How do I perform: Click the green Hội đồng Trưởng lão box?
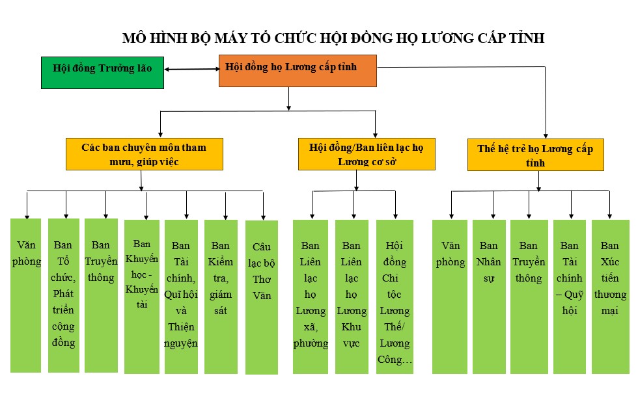coord(103,73)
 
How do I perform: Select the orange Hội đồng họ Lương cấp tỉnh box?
coord(298,71)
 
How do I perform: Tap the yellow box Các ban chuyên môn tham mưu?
coord(145,154)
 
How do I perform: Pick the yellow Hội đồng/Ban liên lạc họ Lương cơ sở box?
coord(367,154)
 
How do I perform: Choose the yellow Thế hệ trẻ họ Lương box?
coord(535,155)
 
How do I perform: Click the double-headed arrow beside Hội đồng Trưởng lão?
coord(191,69)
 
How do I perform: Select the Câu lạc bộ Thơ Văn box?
coord(262,297)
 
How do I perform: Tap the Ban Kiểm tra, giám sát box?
coord(221,297)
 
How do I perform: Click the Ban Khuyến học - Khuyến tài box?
coord(142,297)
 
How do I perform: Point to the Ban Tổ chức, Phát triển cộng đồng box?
coord(64,295)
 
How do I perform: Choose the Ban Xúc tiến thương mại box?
coord(611,297)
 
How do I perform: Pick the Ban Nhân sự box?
coord(489,297)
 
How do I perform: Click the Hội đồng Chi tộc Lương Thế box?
coord(395,297)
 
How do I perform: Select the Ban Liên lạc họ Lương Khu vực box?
coord(352,297)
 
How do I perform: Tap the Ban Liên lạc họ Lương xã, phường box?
coord(311,297)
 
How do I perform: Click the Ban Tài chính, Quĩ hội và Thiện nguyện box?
coord(181,297)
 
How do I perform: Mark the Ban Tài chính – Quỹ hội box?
coord(570,297)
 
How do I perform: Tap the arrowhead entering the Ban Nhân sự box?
coord(493,217)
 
